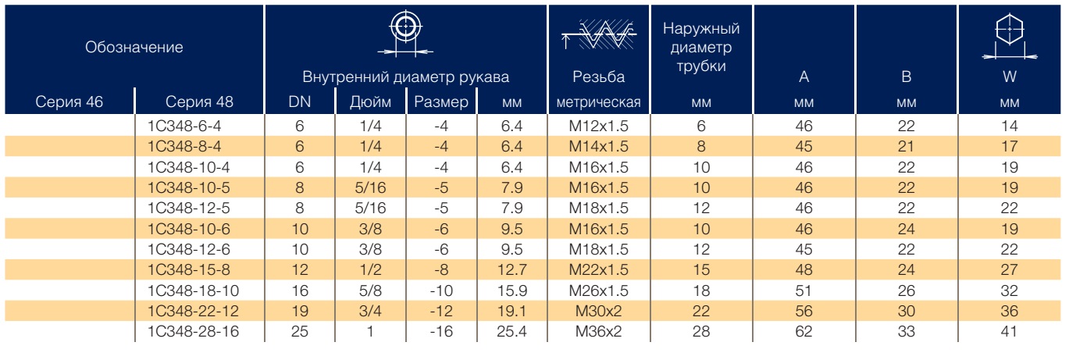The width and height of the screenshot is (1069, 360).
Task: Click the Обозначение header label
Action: point(134,48)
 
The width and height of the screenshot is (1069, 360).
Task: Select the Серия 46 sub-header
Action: point(69,102)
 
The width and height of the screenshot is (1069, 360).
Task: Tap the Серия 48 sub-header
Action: point(199,102)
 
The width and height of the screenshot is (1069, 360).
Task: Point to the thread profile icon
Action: point(599,35)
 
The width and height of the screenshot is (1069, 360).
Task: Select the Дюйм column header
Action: point(370,102)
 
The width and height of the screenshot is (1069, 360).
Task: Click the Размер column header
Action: point(441,102)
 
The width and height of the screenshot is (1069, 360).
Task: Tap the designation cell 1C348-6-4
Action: point(184,126)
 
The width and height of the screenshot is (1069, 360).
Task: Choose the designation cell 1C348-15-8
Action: point(188,269)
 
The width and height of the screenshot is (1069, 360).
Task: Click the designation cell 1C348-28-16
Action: point(193,331)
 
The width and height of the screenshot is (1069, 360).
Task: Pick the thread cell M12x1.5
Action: point(598,126)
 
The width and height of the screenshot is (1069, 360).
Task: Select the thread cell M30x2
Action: point(598,312)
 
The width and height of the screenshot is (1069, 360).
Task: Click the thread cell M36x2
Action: point(598,331)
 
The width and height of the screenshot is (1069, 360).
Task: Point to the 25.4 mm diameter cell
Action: point(511,331)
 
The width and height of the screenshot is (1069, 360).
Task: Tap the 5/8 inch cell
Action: point(370,290)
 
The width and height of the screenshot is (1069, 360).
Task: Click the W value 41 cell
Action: point(1009,331)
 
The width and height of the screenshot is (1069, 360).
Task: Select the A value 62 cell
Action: point(804,331)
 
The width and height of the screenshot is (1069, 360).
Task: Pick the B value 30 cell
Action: point(906,312)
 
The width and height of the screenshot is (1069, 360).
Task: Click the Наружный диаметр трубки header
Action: point(701,47)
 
